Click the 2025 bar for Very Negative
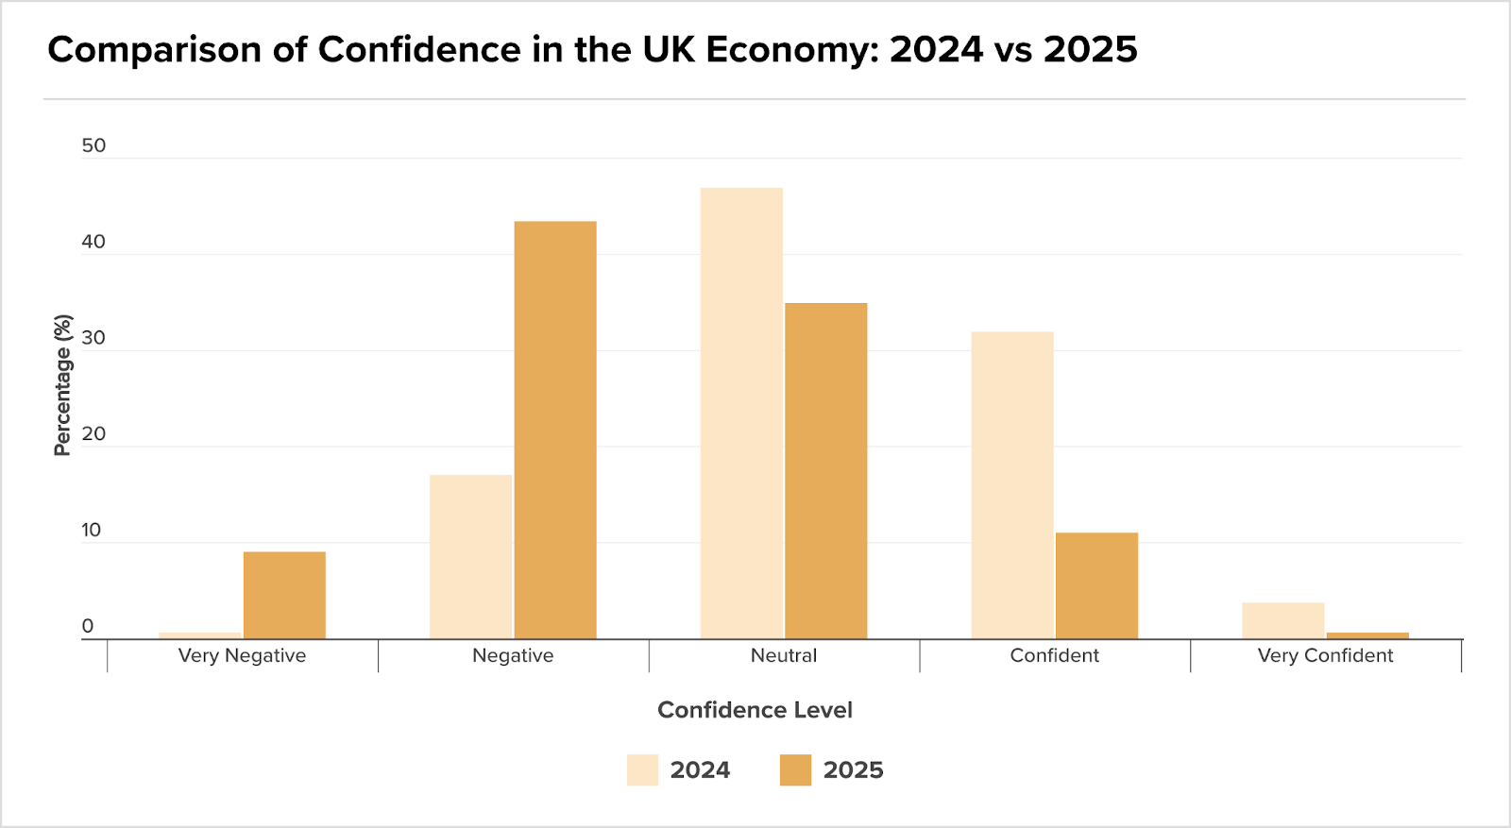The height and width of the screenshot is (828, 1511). (284, 596)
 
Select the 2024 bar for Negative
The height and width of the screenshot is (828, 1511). (470, 557)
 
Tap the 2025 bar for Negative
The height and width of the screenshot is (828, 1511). (555, 431)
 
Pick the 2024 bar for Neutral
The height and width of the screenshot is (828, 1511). (741, 414)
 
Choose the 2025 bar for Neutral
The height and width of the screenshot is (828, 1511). (826, 471)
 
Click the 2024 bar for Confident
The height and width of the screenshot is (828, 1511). (1012, 485)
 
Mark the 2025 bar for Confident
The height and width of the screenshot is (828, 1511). (1096, 586)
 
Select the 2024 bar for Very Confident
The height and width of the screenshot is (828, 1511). (1282, 621)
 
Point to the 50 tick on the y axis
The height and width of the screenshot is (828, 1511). (93, 145)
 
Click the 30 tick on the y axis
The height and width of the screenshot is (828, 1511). (93, 338)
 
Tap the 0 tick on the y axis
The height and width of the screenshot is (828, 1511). (88, 626)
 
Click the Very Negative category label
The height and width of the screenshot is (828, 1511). (242, 655)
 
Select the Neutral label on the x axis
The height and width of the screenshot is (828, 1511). (784, 655)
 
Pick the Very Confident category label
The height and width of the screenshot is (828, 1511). (1325, 655)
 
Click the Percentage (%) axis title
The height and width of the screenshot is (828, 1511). (62, 385)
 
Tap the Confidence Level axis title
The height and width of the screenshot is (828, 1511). (755, 710)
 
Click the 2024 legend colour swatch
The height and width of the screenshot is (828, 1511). (642, 770)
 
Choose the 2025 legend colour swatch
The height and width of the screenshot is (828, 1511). (795, 770)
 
